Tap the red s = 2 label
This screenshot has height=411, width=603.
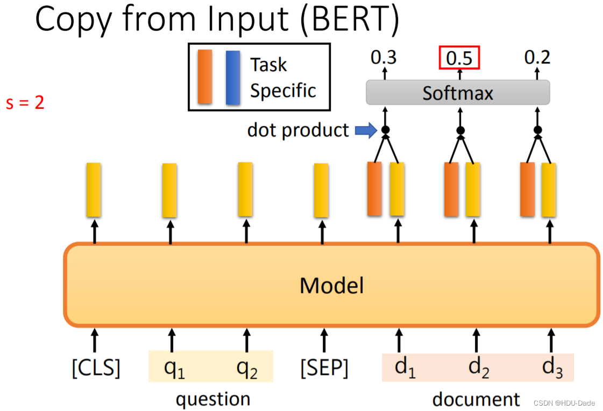(x=25, y=102)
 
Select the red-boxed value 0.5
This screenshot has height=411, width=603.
(x=459, y=58)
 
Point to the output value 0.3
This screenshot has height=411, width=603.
(x=384, y=57)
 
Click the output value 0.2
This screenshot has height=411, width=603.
(x=537, y=57)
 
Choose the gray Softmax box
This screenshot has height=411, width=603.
(x=458, y=93)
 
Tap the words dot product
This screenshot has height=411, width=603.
(x=298, y=130)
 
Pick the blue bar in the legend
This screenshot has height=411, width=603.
(x=233, y=77)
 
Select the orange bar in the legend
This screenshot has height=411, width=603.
(x=205, y=76)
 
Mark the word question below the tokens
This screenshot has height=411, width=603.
(x=213, y=399)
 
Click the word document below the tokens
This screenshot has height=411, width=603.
(x=476, y=399)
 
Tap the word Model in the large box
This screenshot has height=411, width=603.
(x=331, y=285)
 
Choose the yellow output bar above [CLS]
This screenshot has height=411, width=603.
(x=94, y=190)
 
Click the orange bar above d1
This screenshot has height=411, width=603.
(x=374, y=189)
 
